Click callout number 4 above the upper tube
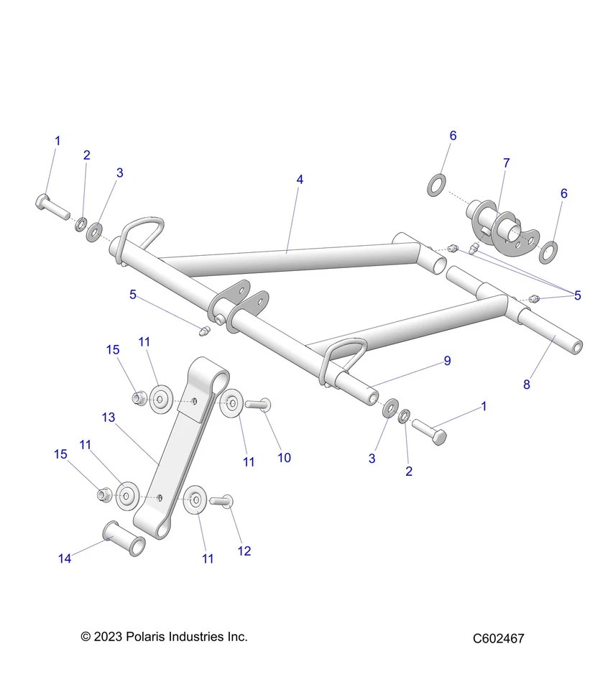[300, 180]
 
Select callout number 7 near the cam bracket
[506, 163]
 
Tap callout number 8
[526, 385]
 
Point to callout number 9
[447, 361]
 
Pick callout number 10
[285, 457]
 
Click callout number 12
[244, 551]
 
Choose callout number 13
[109, 417]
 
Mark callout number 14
[65, 558]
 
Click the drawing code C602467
[498, 638]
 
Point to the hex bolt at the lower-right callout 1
[430, 429]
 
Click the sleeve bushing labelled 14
[125, 538]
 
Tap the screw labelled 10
[257, 405]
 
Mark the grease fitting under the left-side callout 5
[203, 331]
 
